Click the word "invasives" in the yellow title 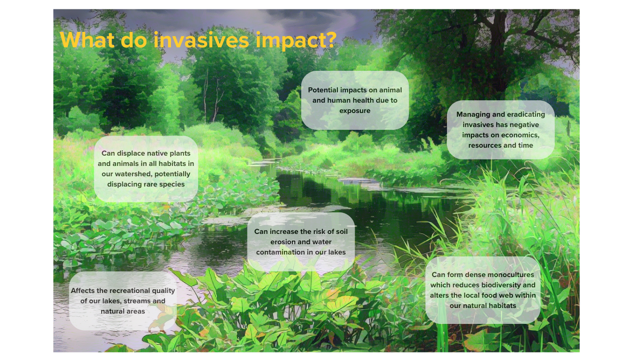pyautogui.click(x=201, y=40)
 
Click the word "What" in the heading pyautogui.click(x=87, y=40)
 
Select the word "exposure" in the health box pyautogui.click(x=355, y=111)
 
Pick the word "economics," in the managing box pyautogui.click(x=521, y=135)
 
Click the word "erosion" pyautogui.click(x=282, y=242)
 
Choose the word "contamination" pyautogui.click(x=281, y=252)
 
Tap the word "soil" pyautogui.click(x=342, y=232)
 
